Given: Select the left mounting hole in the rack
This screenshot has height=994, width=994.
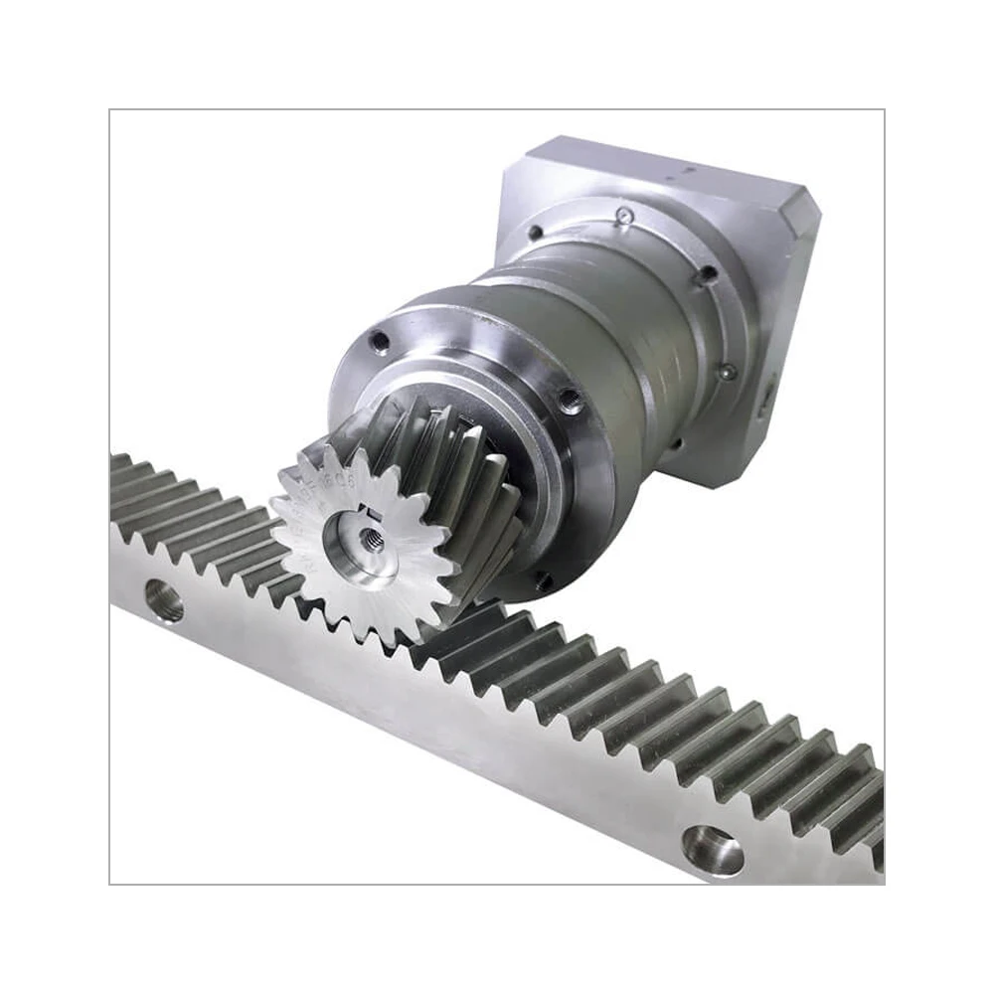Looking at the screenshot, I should click(164, 599).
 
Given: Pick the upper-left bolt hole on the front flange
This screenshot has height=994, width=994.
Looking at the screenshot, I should click(379, 341).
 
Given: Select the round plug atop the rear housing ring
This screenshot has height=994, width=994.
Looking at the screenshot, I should click(623, 213).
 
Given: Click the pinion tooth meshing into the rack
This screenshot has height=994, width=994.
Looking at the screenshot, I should click(398, 636).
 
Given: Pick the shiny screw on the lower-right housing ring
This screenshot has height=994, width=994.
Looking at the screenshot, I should click(729, 370).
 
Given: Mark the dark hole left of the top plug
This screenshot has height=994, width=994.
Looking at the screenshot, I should click(536, 233).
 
